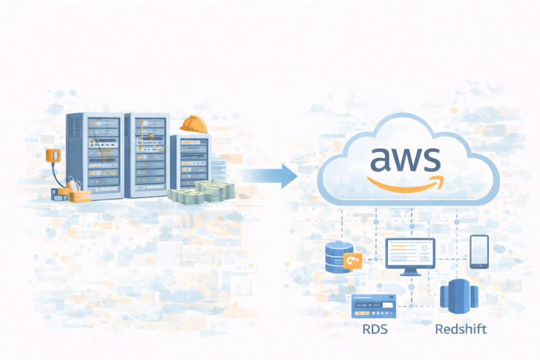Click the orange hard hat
click(x=194, y=124)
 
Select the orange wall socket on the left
click(x=54, y=155)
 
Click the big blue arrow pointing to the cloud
click(x=269, y=176)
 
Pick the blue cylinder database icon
click(x=339, y=257)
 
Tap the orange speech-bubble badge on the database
click(x=352, y=261)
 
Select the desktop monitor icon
click(x=410, y=252)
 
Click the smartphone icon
click(x=479, y=251)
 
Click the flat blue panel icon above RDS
click(x=373, y=306)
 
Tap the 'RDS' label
click(x=375, y=330)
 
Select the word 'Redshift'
click(x=461, y=330)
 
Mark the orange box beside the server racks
click(x=79, y=196)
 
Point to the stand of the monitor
click(x=410, y=271)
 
